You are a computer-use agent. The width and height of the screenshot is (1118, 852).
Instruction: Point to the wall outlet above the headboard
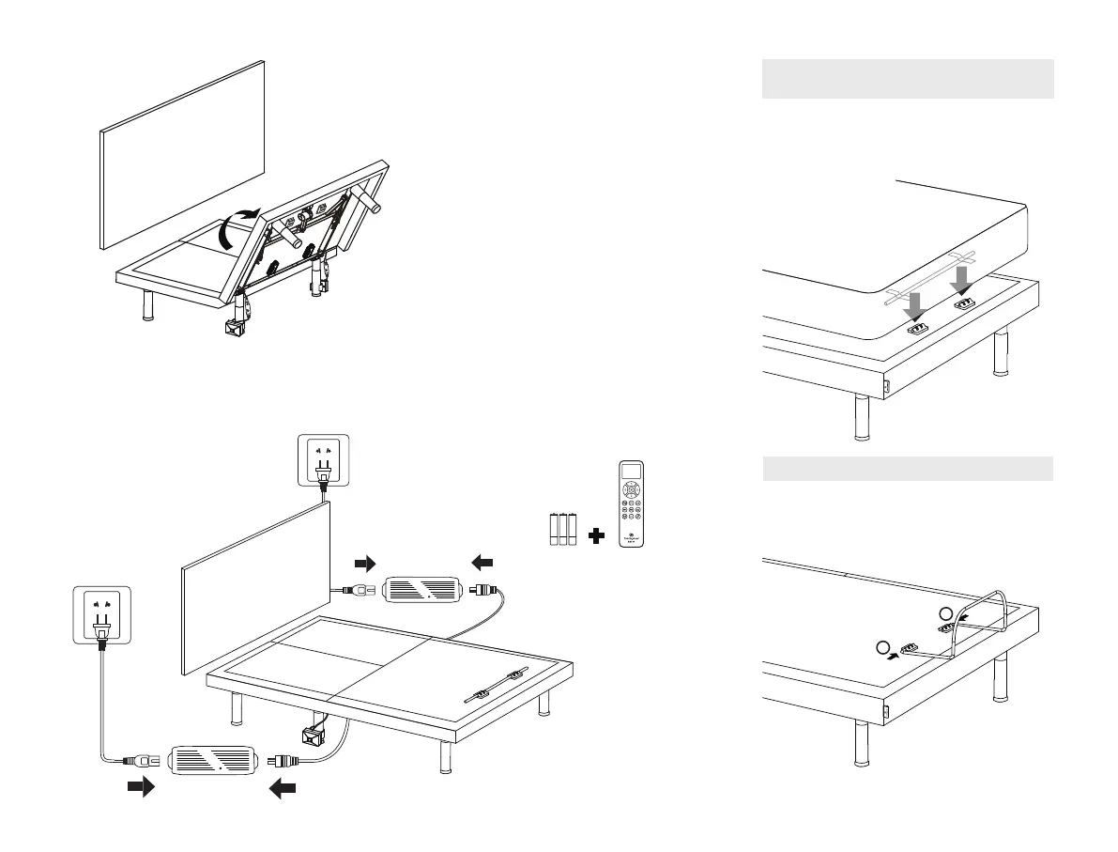tap(323, 461)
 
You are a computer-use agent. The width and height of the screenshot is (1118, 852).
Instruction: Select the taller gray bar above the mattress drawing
tap(908, 79)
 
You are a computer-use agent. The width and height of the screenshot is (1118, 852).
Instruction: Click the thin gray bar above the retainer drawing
tap(908, 469)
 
